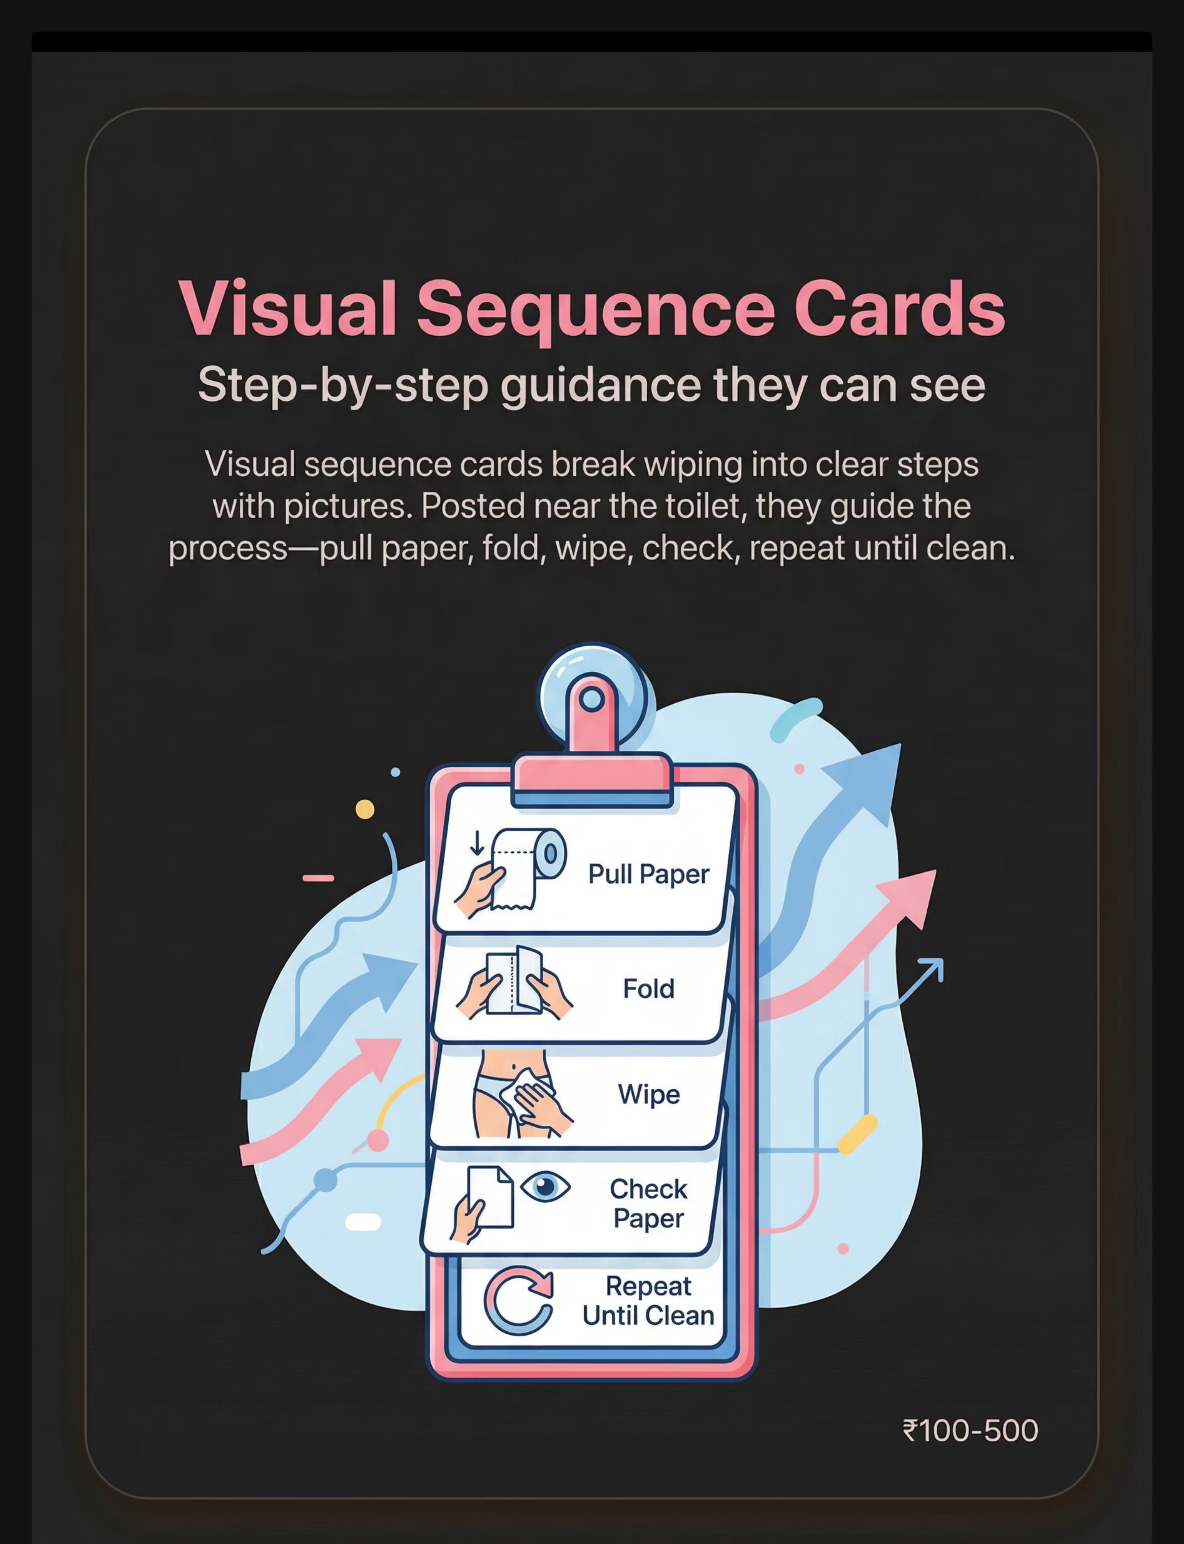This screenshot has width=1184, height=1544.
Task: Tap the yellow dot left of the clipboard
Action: pyautogui.click(x=365, y=809)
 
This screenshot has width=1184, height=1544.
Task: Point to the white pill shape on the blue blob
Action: pyautogui.click(x=363, y=1222)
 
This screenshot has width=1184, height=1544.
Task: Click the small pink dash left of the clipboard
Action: pyautogui.click(x=319, y=878)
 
